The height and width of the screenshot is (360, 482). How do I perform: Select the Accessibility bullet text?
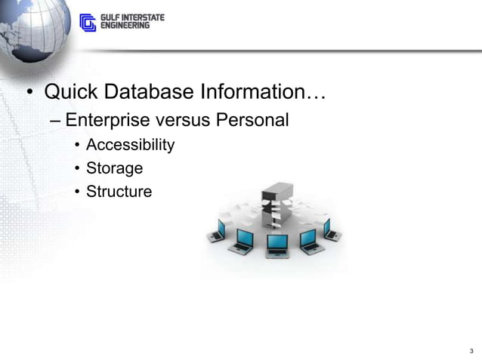130,145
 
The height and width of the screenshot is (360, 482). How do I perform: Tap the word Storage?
114,168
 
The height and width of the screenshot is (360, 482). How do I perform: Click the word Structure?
119,192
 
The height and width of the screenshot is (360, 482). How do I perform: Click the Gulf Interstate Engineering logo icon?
88,23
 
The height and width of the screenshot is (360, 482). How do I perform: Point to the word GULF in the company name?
110,17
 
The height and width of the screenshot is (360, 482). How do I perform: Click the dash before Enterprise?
55,121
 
